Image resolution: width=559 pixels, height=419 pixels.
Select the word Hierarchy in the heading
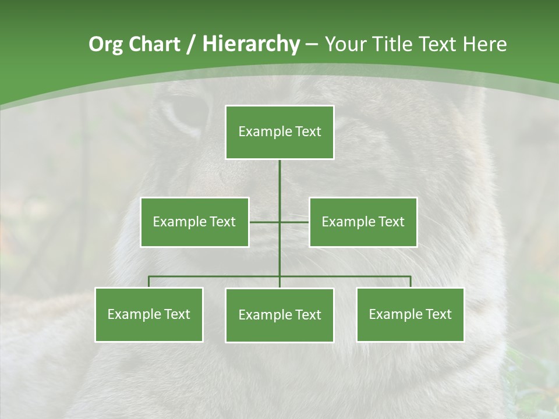pyautogui.click(x=251, y=44)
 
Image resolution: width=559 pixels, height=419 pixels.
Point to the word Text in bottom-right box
pyautogui.click(x=438, y=314)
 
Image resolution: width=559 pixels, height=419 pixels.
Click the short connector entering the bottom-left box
pyautogui.click(x=148, y=282)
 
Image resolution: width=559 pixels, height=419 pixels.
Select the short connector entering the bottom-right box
pyautogui.click(x=411, y=282)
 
